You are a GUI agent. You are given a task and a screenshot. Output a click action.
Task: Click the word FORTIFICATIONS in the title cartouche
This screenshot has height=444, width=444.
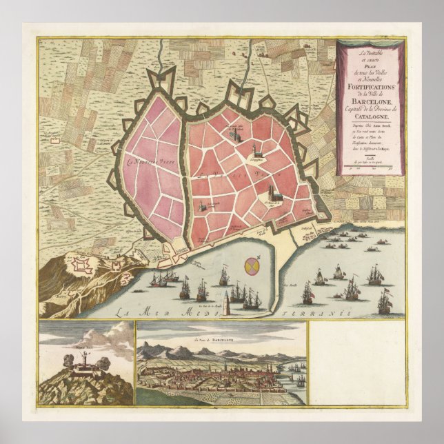370,89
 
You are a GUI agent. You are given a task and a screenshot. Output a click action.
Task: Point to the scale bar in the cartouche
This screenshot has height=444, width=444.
370,165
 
